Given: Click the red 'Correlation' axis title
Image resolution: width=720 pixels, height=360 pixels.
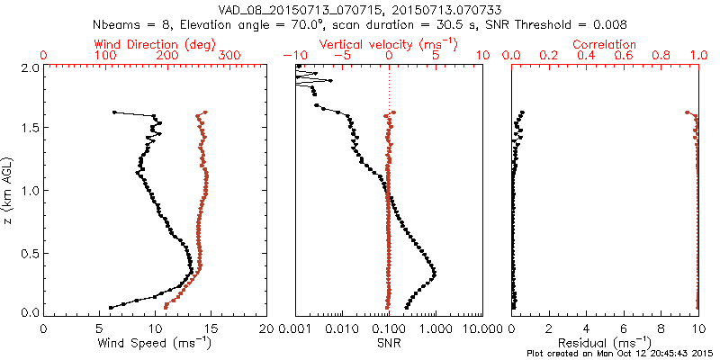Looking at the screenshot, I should pyautogui.click(x=605, y=44).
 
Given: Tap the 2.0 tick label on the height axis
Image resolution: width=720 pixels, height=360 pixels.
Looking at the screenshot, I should pyautogui.click(x=30, y=68).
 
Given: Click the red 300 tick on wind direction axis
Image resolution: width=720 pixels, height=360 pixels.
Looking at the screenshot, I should pyautogui.click(x=229, y=56).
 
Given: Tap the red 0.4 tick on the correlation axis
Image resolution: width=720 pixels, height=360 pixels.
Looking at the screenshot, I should pyautogui.click(x=586, y=56).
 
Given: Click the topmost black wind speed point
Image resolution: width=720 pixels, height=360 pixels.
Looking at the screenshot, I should pyautogui.click(x=114, y=112).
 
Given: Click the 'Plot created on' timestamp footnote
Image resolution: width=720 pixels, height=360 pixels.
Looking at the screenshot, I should pyautogui.click(x=622, y=353).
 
